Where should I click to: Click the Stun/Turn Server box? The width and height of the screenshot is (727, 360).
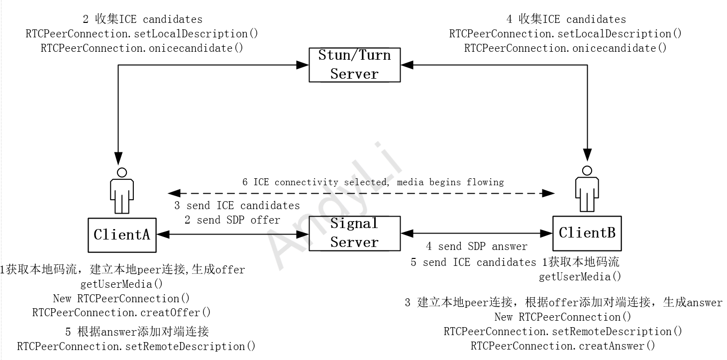(x=354, y=65)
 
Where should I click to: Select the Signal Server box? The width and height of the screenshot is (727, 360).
(x=354, y=233)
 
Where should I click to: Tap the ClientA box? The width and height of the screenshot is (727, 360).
(x=121, y=235)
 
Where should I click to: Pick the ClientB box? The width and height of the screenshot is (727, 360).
(x=587, y=233)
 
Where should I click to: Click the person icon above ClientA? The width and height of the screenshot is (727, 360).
(x=121, y=191)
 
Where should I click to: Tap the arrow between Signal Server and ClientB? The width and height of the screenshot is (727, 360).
(x=476, y=233)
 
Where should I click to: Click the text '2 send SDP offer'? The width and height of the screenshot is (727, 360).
(x=232, y=220)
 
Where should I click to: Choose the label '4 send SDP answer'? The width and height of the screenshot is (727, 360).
(x=476, y=246)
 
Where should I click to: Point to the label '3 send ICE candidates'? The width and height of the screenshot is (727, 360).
(x=237, y=206)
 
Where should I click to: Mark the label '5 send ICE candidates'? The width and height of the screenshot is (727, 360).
(x=473, y=262)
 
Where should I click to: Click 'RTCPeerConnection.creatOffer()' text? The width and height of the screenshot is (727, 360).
(x=121, y=313)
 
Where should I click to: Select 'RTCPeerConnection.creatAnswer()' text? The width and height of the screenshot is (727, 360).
(x=563, y=346)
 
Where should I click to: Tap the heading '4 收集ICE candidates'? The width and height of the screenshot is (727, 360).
(x=566, y=19)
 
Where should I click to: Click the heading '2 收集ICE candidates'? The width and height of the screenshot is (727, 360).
(x=142, y=19)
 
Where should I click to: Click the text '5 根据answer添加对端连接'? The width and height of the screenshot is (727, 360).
(x=137, y=332)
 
